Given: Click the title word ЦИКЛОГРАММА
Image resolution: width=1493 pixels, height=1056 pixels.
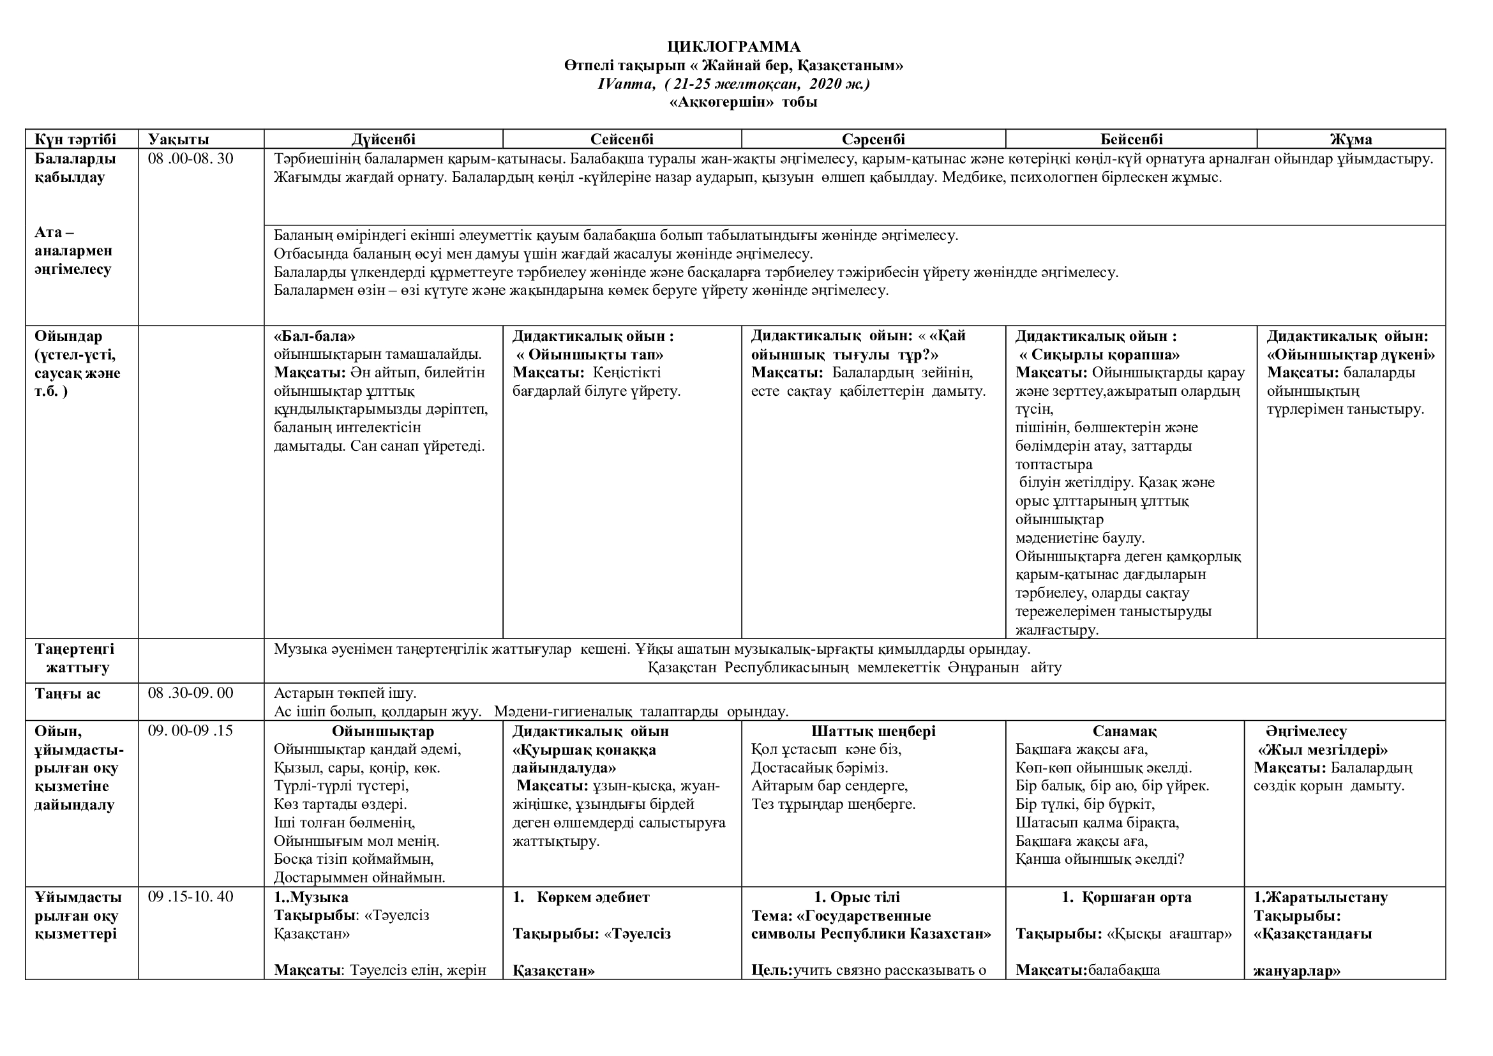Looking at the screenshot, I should [x=733, y=47].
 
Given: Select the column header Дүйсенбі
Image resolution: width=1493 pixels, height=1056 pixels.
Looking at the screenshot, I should [x=383, y=139].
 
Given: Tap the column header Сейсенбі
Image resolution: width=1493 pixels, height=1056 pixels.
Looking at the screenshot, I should [x=622, y=139].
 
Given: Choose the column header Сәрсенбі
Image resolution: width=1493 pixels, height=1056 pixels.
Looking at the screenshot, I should [x=873, y=139].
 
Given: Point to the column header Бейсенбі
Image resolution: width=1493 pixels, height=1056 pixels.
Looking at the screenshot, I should [x=1131, y=139].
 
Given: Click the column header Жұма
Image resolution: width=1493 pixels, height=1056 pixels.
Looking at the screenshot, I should [x=1351, y=139].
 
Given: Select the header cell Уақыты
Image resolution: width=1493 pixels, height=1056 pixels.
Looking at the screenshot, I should [x=178, y=139].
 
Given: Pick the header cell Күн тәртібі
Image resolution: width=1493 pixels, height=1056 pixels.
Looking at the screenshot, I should [x=75, y=139].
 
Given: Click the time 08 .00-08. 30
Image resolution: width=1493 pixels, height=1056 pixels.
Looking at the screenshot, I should [x=190, y=159].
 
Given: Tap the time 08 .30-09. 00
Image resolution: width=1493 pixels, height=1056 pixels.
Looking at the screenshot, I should [x=190, y=693].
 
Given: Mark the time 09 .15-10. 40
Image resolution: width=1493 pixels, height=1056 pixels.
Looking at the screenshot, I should [x=190, y=897].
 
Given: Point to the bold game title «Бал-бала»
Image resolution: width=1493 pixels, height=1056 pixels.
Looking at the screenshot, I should [x=315, y=336].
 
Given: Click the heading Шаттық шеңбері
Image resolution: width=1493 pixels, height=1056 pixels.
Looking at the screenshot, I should [x=873, y=732].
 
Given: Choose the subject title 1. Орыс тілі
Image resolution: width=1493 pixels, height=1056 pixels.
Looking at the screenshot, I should [x=857, y=897].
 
